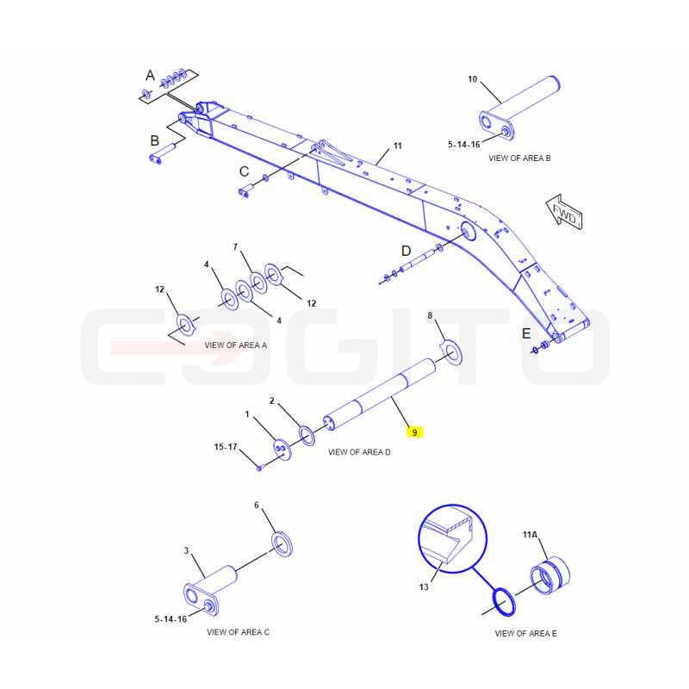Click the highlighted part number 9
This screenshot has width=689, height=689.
coord(414,432)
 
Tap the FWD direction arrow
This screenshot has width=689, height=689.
coord(564,212)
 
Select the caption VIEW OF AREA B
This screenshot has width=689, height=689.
coord(519,158)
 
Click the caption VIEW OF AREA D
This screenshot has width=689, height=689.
coord(359,452)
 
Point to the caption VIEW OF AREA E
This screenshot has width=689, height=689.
coord(525,633)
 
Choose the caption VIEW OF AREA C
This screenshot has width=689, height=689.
coord(239,632)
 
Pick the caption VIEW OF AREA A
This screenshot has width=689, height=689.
coord(235,345)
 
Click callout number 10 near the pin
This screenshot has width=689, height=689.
coord(472,79)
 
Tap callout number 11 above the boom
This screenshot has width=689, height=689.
coord(397,146)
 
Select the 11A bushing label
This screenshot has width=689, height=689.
coord(530,534)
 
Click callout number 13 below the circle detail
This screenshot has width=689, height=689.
coord(424,587)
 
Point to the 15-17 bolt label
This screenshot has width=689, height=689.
coord(226,447)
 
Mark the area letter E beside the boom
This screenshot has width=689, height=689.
coord(526,333)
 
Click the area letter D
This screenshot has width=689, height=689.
coord(406,251)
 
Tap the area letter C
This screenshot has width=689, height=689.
coord(245,171)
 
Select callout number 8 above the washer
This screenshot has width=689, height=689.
coord(430,315)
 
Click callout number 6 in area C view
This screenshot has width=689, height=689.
coord(257,506)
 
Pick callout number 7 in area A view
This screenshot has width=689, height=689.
coord(235,247)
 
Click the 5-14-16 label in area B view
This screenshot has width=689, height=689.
coord(464,145)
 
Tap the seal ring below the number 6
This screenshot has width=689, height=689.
coord(282,544)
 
